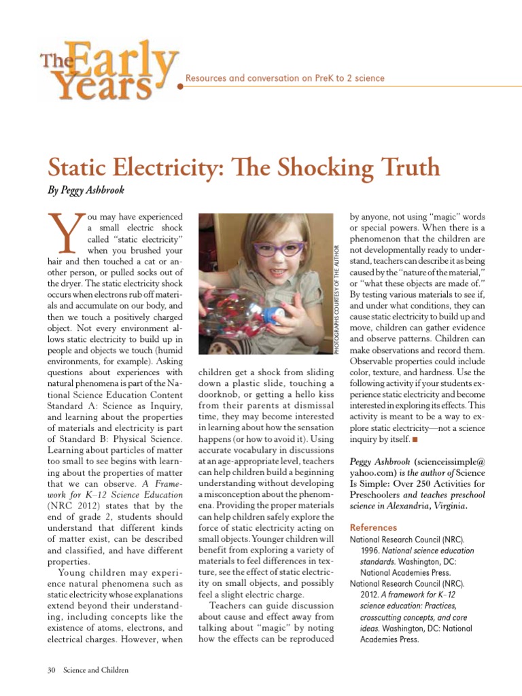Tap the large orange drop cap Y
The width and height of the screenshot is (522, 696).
click(63, 230)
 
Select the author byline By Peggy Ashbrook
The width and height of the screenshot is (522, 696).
click(86, 191)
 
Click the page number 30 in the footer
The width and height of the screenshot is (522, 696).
click(52, 670)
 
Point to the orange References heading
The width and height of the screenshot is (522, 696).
click(373, 527)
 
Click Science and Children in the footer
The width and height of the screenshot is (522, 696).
click(96, 670)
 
